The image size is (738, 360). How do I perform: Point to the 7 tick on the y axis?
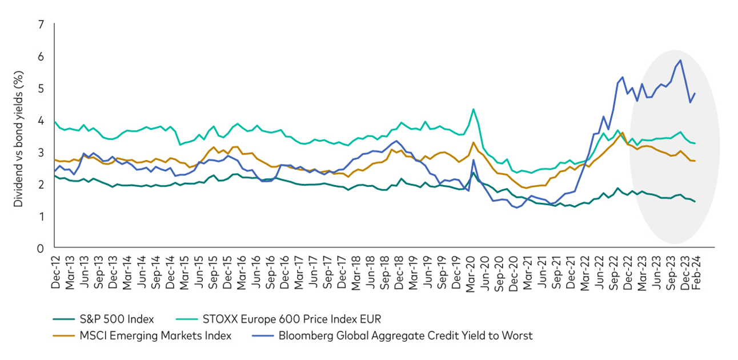point(40,25)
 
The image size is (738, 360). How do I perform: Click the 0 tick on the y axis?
point(40,248)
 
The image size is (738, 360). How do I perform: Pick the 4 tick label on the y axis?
point(40,121)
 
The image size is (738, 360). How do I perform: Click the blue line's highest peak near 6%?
point(680,60)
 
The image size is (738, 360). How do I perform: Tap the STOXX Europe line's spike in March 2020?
point(473,109)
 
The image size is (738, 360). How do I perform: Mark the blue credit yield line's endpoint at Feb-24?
point(695,94)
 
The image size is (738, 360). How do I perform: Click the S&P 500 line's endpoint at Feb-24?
point(695,202)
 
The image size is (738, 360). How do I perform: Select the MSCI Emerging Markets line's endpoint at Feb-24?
point(695,161)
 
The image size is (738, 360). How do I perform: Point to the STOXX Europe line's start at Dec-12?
point(54,122)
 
